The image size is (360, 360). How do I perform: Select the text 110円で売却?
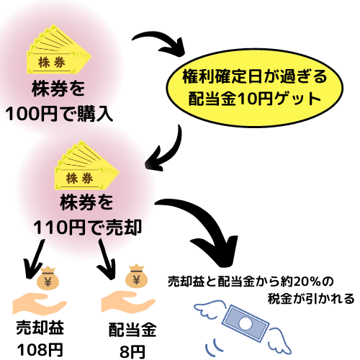[87, 225]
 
